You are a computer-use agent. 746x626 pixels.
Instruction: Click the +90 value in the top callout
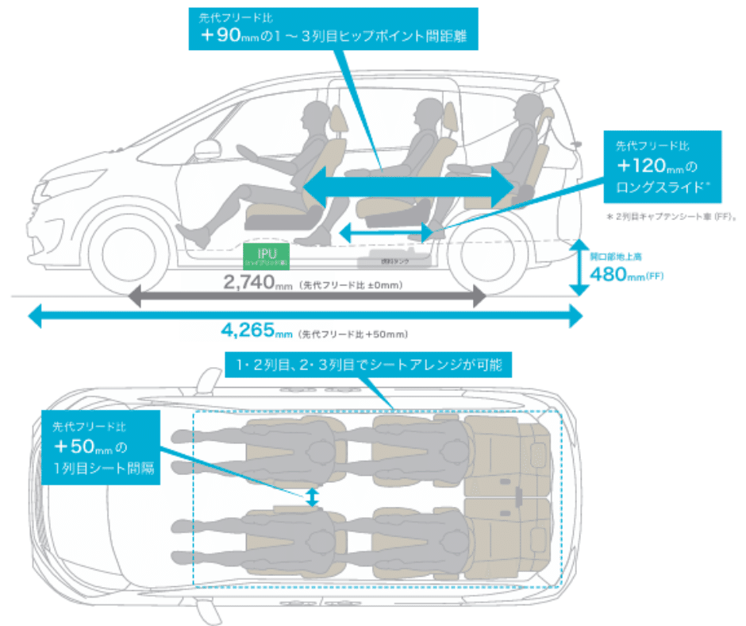click(x=223, y=37)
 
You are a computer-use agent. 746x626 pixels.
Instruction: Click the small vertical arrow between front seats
click(x=313, y=497)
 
